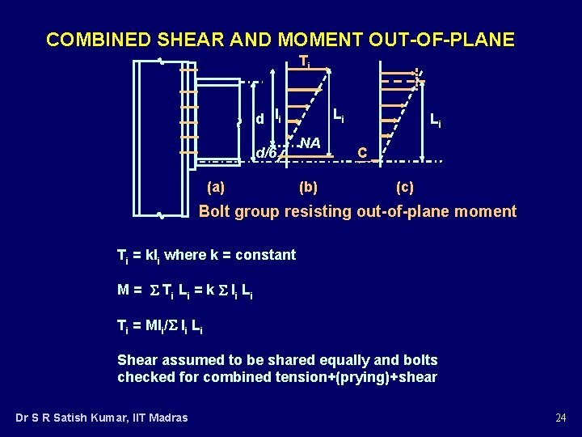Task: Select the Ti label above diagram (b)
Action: click(304, 61)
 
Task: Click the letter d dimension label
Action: click(259, 120)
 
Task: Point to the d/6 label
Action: click(266, 153)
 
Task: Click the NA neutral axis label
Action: click(310, 143)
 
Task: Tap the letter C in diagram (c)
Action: click(363, 153)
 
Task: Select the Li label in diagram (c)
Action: click(435, 121)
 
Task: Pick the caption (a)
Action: click(216, 187)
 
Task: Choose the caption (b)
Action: click(308, 187)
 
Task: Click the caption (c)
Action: click(404, 187)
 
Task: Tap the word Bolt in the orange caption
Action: click(214, 212)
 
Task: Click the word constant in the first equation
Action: click(265, 255)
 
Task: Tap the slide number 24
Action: click(560, 418)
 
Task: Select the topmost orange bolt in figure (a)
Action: click(188, 70)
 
